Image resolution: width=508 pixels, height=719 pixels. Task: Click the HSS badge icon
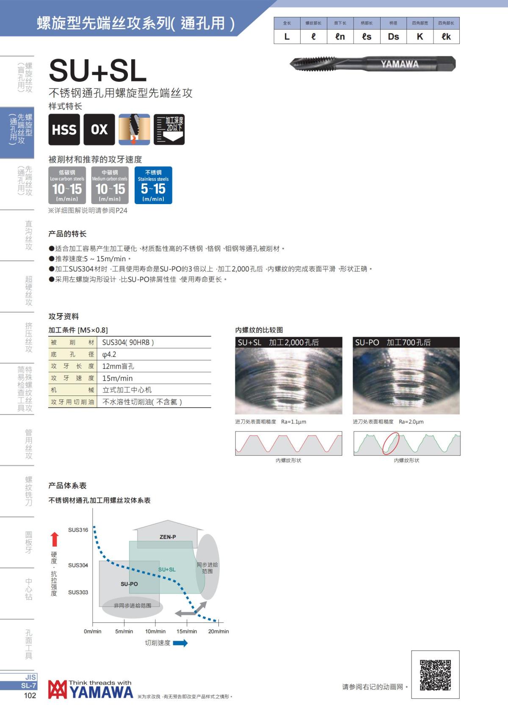pyautogui.click(x=64, y=130)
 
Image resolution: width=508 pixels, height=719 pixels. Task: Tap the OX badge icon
pyautogui.click(x=99, y=130)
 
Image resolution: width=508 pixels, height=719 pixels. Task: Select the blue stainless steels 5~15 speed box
pyautogui.click(x=153, y=185)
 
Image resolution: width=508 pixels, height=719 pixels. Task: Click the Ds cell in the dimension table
pyautogui.click(x=393, y=37)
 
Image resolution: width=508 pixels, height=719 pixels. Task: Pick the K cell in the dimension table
pyautogui.click(x=420, y=37)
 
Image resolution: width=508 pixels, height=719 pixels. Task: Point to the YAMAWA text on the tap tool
pyautogui.click(x=399, y=64)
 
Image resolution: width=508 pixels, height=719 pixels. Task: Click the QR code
pyautogui.click(x=435, y=675)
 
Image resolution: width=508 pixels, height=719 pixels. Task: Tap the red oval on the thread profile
pyautogui.click(x=391, y=443)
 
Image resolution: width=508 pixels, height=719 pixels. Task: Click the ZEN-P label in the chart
pyautogui.click(x=168, y=537)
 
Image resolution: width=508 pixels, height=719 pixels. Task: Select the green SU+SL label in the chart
pyautogui.click(x=167, y=570)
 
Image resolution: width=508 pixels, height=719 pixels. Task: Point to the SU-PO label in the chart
pyautogui.click(x=129, y=584)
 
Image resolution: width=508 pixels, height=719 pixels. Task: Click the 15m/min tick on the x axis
pyautogui.click(x=187, y=631)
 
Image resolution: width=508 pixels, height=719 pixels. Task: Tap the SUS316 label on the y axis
pyautogui.click(x=78, y=530)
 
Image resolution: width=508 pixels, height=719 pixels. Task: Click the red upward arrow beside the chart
pyautogui.click(x=54, y=539)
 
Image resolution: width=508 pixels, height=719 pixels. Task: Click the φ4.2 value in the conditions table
pyautogui.click(x=109, y=354)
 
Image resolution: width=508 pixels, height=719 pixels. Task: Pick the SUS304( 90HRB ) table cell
pyautogui.click(x=128, y=343)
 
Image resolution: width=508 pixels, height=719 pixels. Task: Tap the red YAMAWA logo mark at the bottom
pyautogui.click(x=57, y=689)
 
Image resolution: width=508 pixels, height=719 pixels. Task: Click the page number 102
pyautogui.click(x=30, y=695)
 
